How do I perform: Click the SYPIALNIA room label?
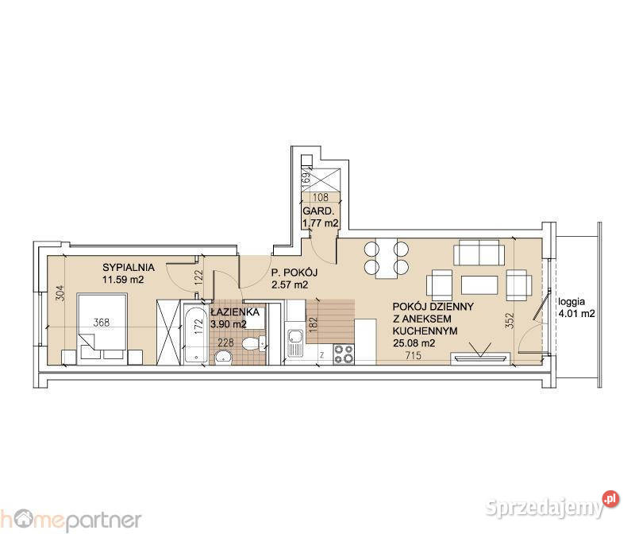[x=129, y=267]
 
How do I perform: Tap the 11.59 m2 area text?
[x=123, y=280]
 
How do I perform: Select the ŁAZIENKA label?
[x=235, y=311]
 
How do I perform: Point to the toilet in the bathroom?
[x=253, y=344]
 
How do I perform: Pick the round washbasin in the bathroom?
[x=223, y=358]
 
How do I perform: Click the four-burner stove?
[x=344, y=354]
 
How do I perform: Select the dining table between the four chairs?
[x=386, y=258]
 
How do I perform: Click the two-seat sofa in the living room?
[x=479, y=252]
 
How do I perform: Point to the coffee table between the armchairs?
[x=479, y=285]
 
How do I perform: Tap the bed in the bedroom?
[x=102, y=327]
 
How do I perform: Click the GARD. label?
[x=319, y=211]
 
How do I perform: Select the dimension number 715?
[x=414, y=355]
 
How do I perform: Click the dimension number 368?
[x=102, y=323]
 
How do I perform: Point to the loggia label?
[x=571, y=302]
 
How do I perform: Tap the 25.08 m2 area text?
[x=414, y=343]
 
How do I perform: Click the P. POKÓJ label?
[x=294, y=273]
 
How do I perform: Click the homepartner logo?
[x=71, y=520]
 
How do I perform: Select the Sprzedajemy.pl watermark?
[x=552, y=505]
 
